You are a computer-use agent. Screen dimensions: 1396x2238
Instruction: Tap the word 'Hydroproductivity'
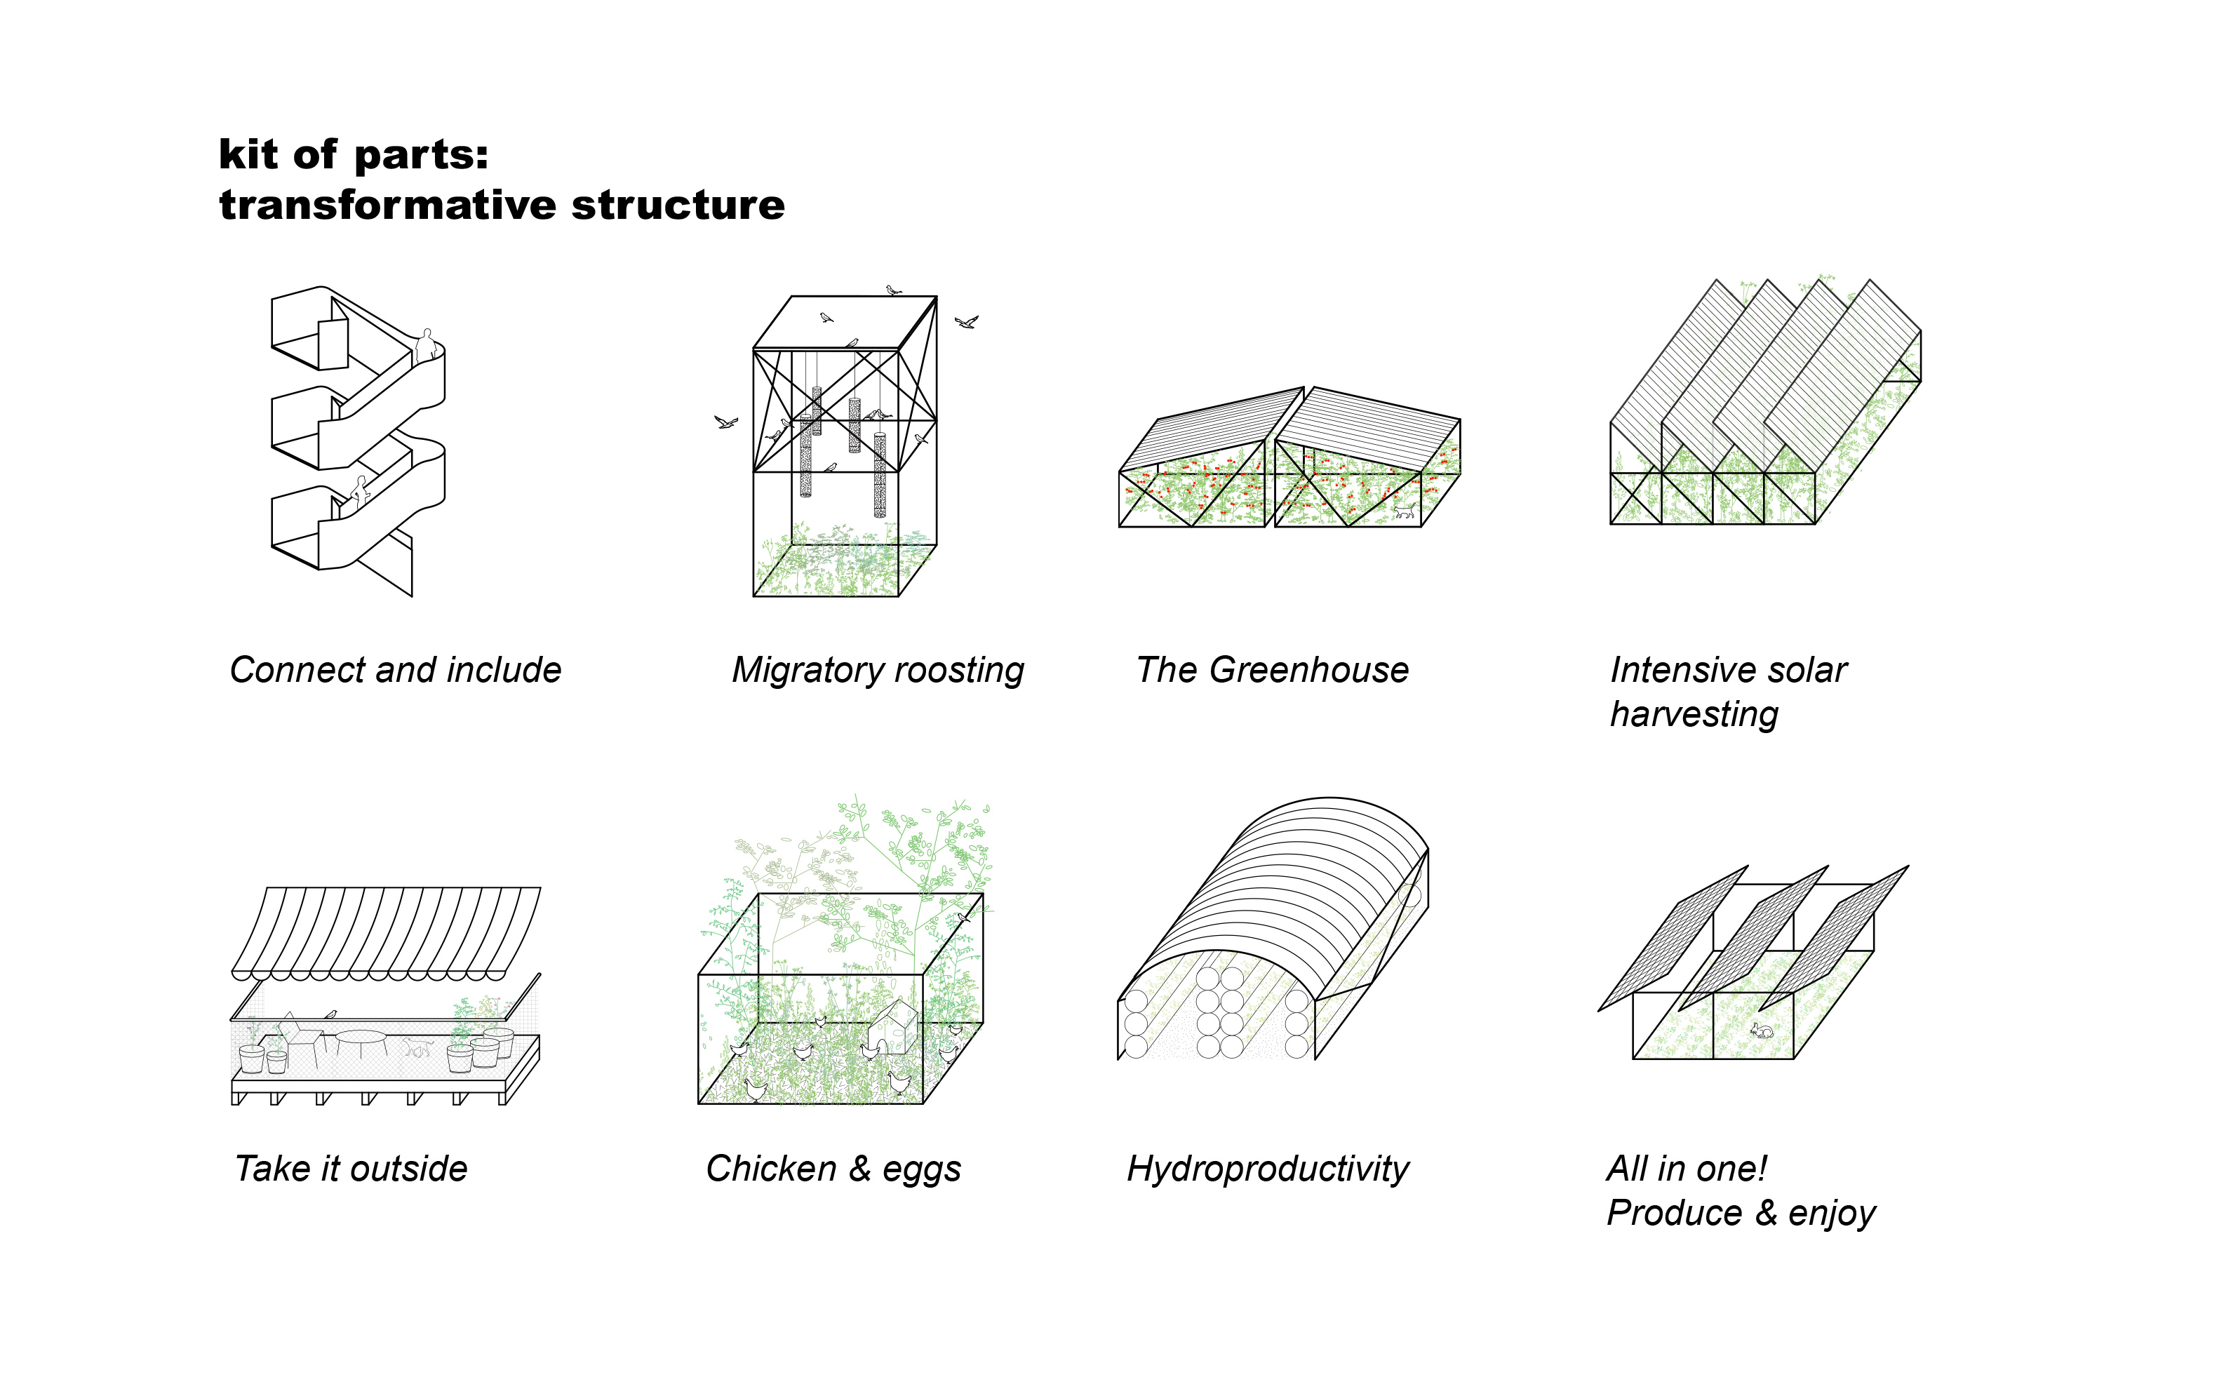(1267, 1169)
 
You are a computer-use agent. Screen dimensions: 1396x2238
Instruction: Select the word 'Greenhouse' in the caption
(1308, 671)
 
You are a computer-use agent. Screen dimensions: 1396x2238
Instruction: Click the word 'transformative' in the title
(389, 205)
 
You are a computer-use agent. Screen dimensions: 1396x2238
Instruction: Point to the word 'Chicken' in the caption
(771, 1169)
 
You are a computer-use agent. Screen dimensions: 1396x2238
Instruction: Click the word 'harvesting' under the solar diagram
(1694, 715)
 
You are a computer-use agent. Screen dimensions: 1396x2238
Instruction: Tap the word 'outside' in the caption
(409, 1169)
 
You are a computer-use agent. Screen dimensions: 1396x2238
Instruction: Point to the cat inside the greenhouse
(1403, 511)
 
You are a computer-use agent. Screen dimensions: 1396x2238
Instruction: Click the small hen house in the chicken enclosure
(891, 1025)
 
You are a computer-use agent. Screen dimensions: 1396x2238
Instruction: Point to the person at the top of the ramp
(426, 347)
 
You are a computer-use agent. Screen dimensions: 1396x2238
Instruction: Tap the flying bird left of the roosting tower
(725, 422)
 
